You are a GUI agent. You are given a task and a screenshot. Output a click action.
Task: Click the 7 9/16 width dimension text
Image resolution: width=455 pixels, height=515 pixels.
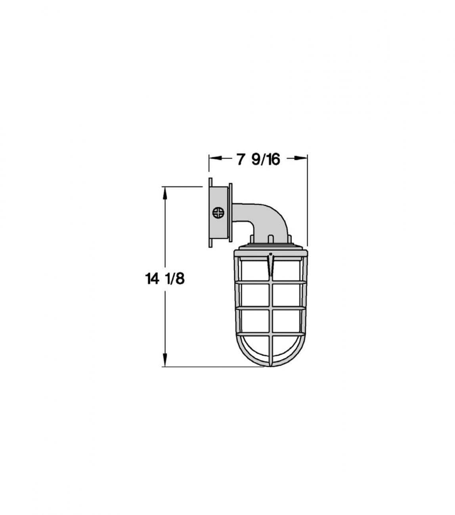(x=258, y=159)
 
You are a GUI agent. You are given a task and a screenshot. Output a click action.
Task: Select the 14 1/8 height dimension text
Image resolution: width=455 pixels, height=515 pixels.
(x=165, y=279)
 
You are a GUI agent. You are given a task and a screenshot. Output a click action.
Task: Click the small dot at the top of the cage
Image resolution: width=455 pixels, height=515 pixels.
(x=270, y=254)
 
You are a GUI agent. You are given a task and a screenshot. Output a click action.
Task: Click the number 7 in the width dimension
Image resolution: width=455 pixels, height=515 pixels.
(x=240, y=159)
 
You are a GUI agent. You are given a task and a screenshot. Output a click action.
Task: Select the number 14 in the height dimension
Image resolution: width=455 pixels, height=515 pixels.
(x=151, y=279)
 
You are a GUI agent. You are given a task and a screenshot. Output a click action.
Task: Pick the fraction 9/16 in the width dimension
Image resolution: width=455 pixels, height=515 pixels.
(x=266, y=159)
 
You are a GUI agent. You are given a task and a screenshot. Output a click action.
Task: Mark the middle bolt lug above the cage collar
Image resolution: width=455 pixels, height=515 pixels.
(x=270, y=239)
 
